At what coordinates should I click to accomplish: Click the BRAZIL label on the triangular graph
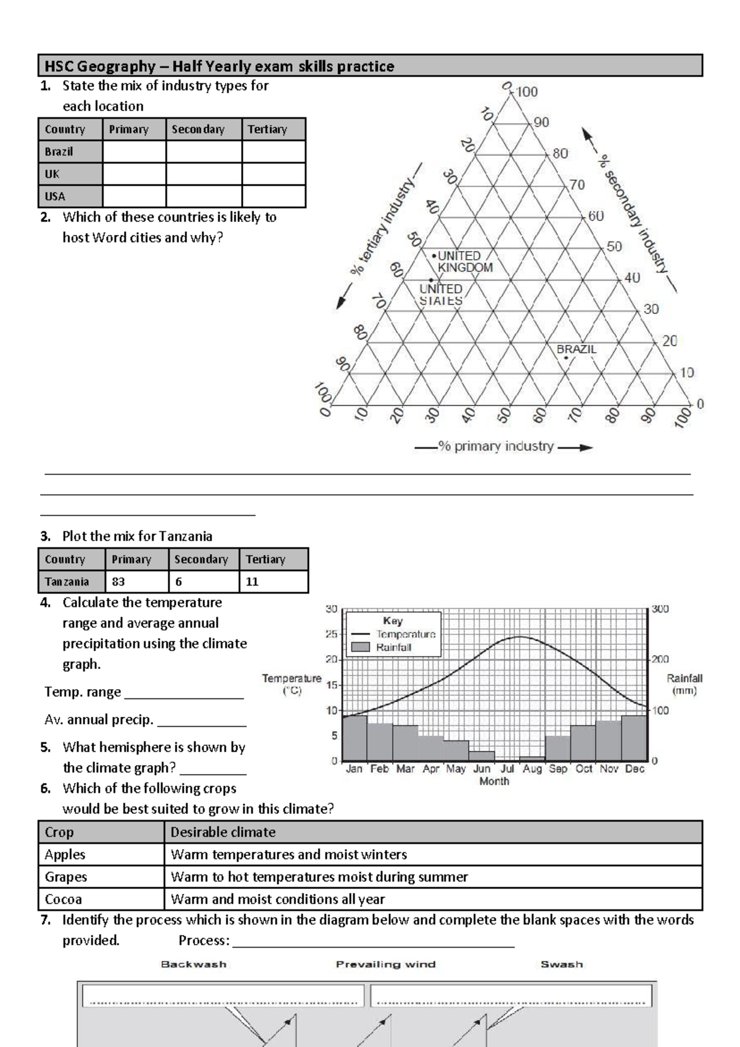tap(576, 349)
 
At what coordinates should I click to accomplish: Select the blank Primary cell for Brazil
tap(134, 152)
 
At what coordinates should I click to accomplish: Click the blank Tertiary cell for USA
tap(273, 196)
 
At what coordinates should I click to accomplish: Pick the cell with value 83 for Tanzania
tap(136, 582)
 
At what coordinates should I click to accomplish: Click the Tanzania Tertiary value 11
tap(273, 582)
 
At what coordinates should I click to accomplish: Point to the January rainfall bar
tap(355, 738)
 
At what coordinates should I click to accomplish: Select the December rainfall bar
tap(633, 738)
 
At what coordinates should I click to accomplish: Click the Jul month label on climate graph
tap(507, 769)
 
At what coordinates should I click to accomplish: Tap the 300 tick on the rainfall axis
tap(660, 609)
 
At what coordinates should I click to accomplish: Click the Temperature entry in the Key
tap(405, 634)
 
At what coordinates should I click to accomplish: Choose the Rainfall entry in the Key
tap(393, 647)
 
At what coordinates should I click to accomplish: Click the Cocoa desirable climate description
tap(277, 899)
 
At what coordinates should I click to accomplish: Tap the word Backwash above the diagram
tap(194, 964)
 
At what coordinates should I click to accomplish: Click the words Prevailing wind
tap(385, 964)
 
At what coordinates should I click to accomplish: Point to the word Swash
tap(561, 964)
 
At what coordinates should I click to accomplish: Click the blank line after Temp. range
tap(184, 693)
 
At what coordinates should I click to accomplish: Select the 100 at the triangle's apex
tap(527, 92)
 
